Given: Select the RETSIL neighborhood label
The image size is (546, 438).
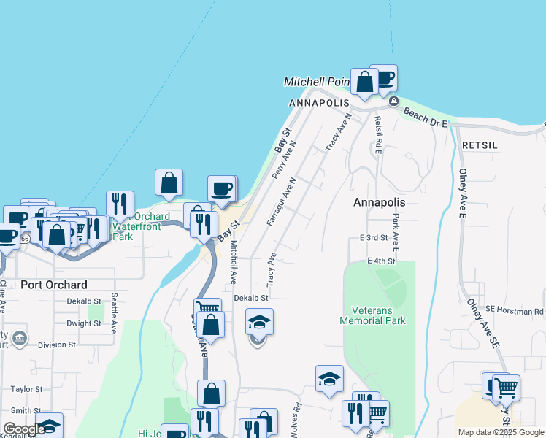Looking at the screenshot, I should point(480,145).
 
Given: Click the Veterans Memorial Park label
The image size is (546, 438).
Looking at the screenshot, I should point(373,315).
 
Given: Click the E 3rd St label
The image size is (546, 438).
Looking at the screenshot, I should point(373,238).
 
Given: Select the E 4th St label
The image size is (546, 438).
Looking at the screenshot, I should point(381,261).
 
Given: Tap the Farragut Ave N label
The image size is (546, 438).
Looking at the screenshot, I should point(281,201).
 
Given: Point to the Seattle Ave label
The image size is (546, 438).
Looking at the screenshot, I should point(115,313).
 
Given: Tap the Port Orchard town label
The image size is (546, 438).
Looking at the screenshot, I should point(54,285).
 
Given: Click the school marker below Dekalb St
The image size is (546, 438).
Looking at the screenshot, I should point(259,321).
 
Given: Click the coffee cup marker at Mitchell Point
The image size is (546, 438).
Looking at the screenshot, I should point(384,77).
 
